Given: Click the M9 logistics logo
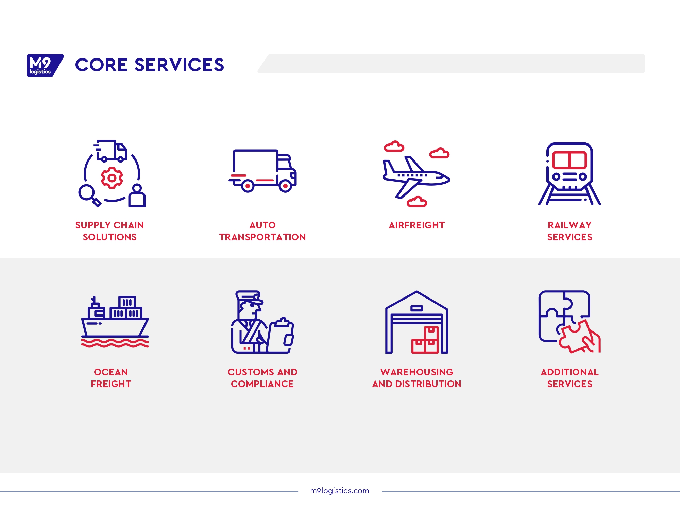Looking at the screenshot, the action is pos(45,65).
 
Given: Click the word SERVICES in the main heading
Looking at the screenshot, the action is pos(180,65).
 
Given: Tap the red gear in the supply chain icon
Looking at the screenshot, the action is pos(112,177).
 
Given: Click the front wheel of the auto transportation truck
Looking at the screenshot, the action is pos(285,186).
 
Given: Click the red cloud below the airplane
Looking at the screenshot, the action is pos(417,202).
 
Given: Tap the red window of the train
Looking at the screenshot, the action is pos(569,160).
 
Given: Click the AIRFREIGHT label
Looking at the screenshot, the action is pos(417,225).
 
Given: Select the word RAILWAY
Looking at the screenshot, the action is pos(569,225).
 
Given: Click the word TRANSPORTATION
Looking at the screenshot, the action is pos(262,237).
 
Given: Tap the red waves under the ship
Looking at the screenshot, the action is pos(115,343).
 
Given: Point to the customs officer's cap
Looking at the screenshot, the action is pos(249,297).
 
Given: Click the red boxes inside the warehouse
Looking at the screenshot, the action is pos(425,340).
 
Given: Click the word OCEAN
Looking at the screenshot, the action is pos(111,372).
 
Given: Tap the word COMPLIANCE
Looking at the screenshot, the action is pos(262,384).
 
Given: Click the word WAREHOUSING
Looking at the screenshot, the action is pos(417,372).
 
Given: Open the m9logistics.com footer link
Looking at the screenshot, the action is pos(339,491).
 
